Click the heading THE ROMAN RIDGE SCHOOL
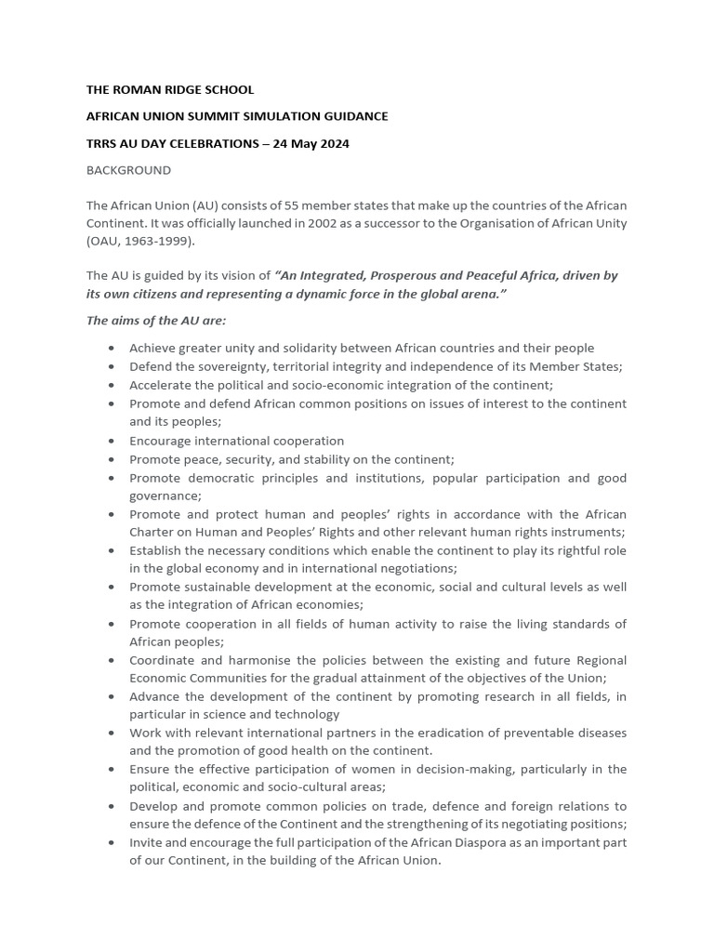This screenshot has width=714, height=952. point(169,90)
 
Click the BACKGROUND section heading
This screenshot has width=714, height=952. point(128,170)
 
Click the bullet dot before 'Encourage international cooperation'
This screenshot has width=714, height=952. point(112,441)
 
